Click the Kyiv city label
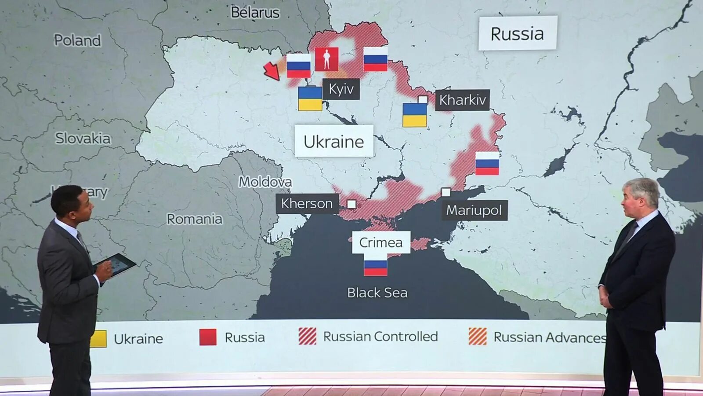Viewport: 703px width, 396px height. coord(341,89)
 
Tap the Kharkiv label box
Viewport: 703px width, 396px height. coord(462,100)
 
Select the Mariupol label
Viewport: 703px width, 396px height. coord(474,210)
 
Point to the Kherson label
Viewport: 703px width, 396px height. coord(307,204)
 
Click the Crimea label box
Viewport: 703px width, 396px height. coord(381,242)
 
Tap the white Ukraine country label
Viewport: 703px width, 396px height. coord(334,142)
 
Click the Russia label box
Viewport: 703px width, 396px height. coord(517,33)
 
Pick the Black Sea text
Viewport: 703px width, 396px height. coord(377,293)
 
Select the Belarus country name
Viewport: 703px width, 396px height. coord(255,12)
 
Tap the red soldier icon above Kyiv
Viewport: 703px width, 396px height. coord(326,59)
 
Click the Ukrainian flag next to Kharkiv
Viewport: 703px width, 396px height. coord(415,115)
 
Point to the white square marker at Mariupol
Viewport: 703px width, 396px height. coord(446,192)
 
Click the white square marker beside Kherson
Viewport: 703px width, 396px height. coord(351,204)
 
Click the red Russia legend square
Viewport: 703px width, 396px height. coord(208,337)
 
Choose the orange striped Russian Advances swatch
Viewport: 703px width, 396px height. coord(478,337)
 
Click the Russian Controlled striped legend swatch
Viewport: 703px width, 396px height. coord(308,337)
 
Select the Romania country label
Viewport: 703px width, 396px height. coord(195,219)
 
